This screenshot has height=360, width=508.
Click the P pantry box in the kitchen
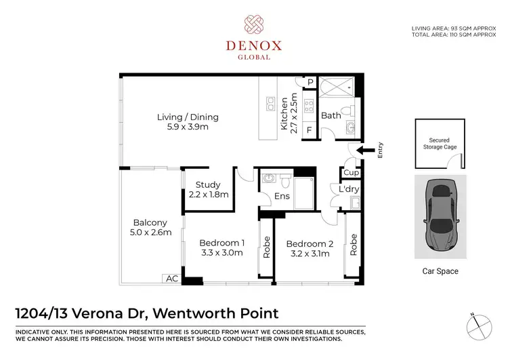[x=310, y=83]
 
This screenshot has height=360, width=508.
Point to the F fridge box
[x=309, y=129]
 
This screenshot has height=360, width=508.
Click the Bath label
[x=331, y=116]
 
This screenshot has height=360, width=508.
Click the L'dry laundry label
[x=349, y=189]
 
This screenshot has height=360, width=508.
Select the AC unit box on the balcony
[x=171, y=279]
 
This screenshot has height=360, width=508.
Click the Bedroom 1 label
[x=222, y=248]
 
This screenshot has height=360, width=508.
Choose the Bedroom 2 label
[x=308, y=249]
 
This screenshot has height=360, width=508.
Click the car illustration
[x=440, y=216]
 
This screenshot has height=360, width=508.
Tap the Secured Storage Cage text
[x=440, y=143]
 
